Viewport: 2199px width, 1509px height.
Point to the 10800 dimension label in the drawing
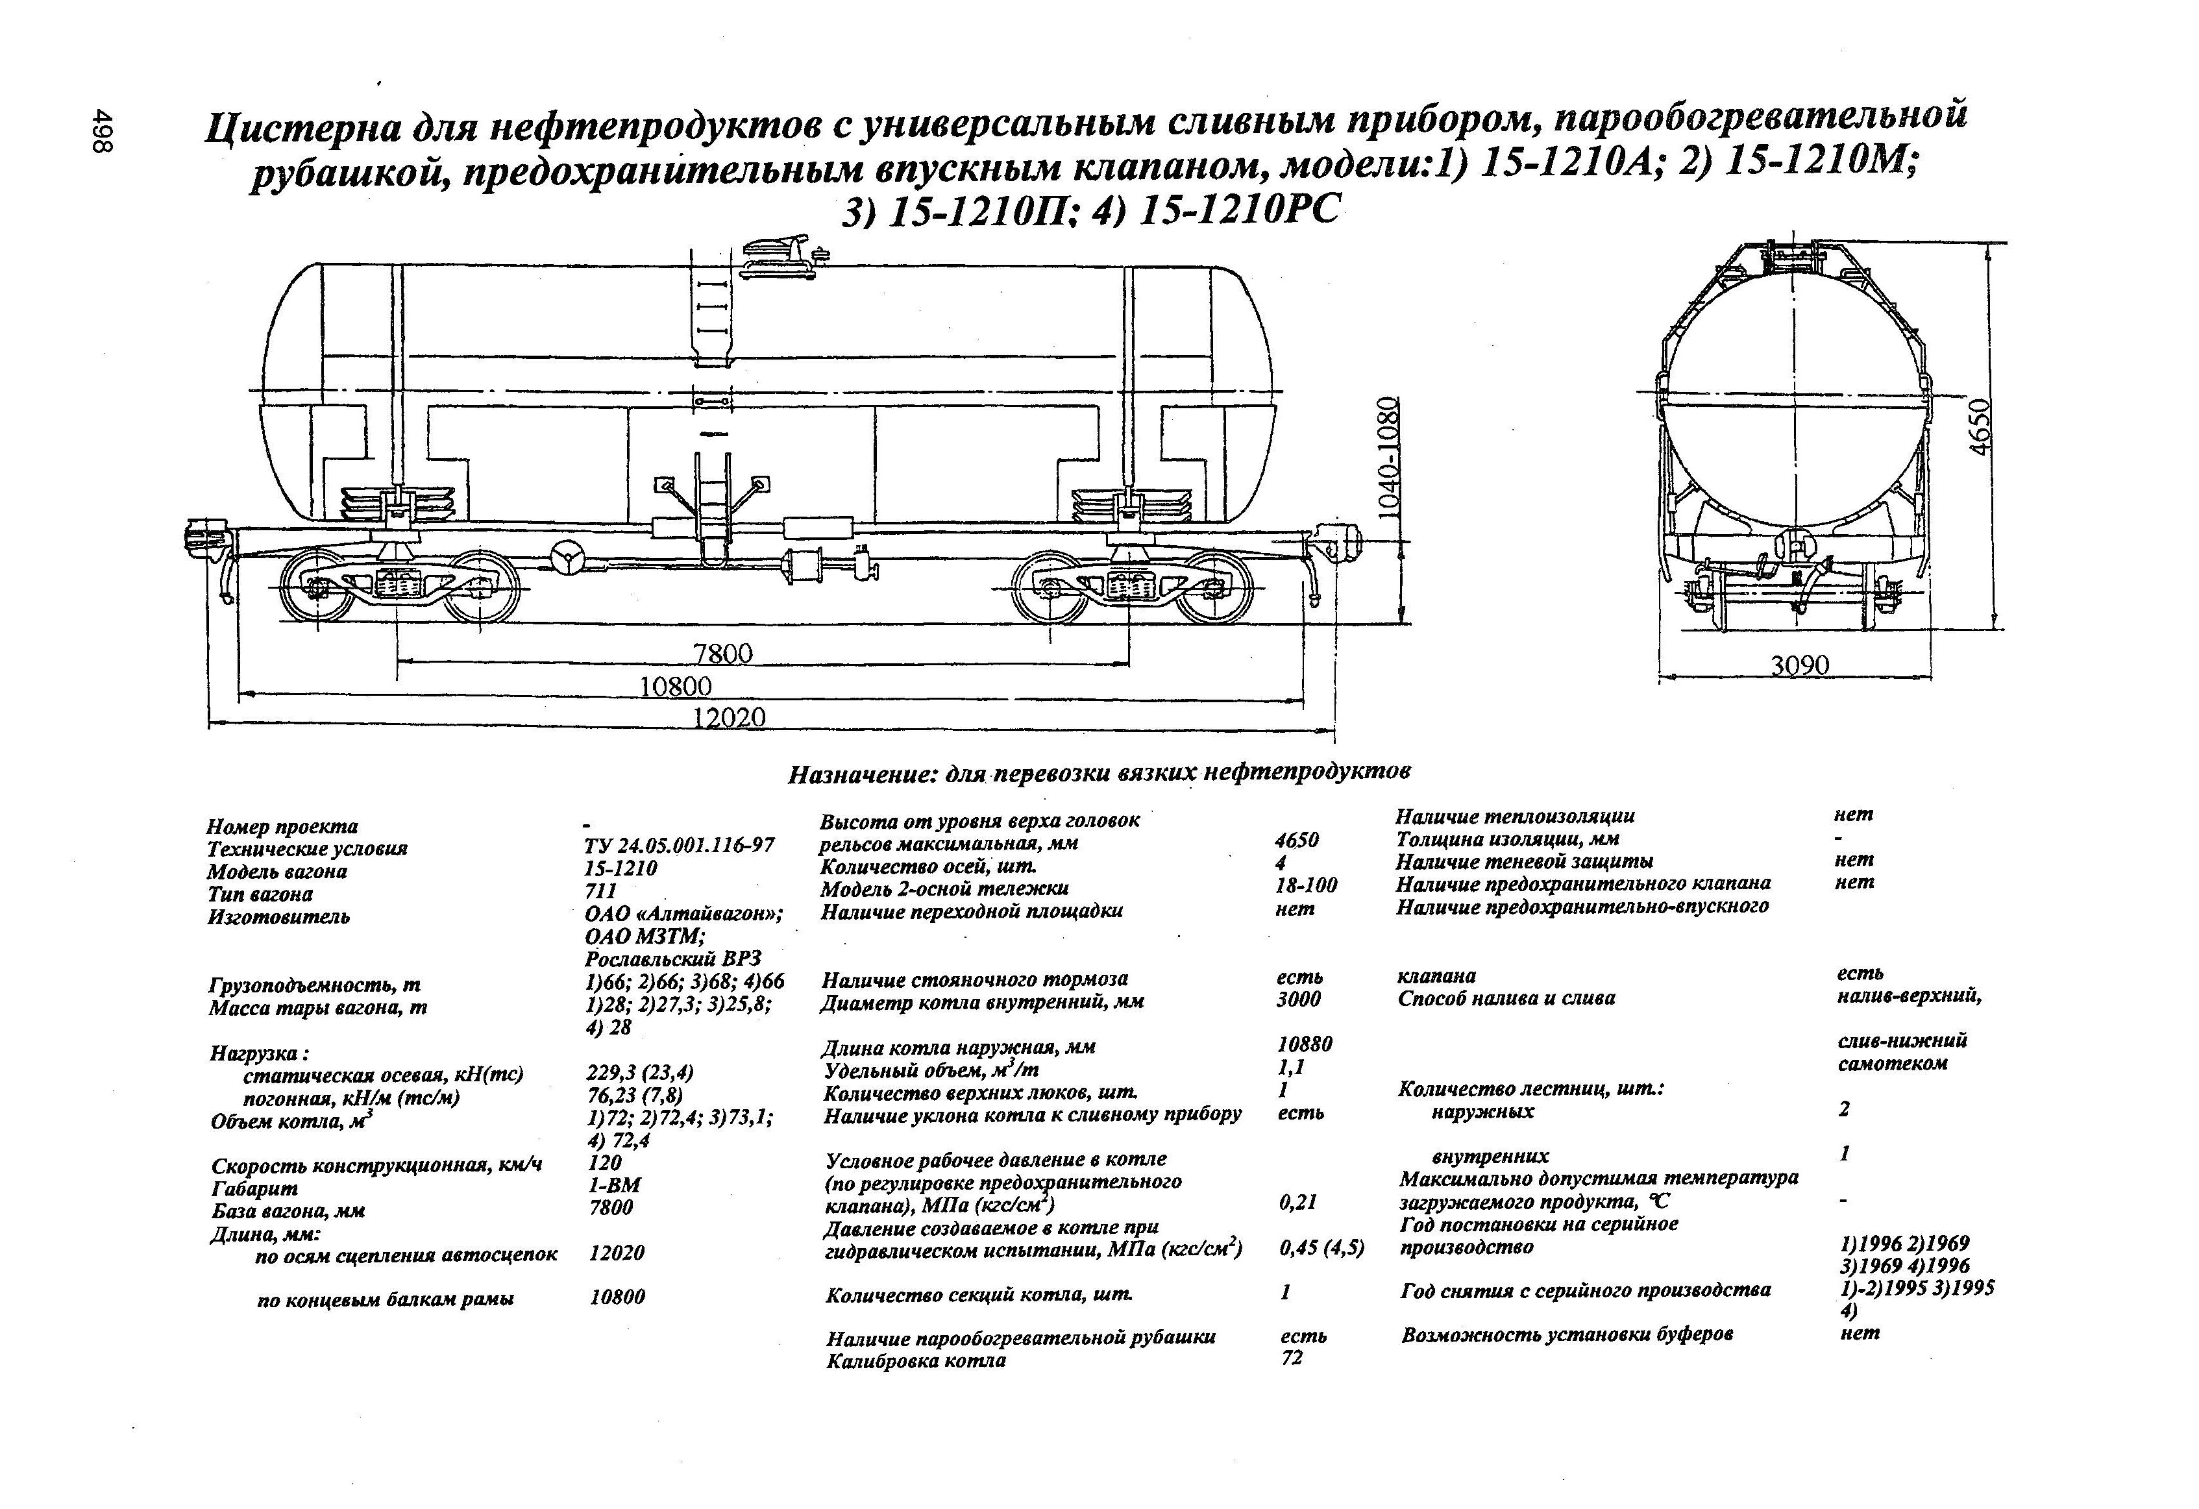click(x=676, y=686)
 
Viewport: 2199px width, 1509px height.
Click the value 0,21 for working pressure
click(x=1298, y=1203)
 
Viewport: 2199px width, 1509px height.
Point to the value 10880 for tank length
click(x=1304, y=1044)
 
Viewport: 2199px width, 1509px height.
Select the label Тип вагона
click(x=260, y=894)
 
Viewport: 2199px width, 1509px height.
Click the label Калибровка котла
click(x=915, y=1362)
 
